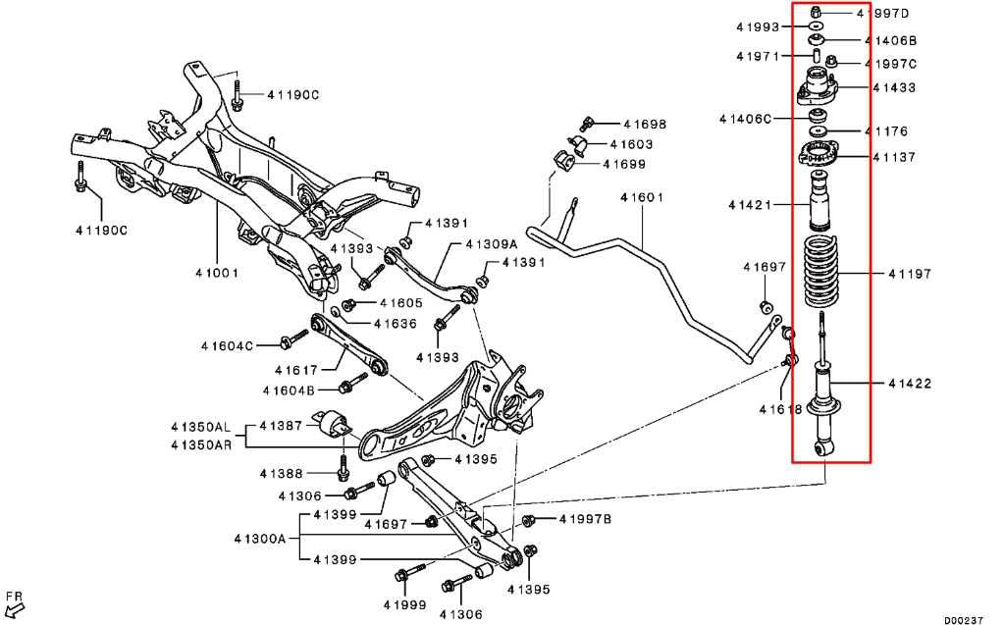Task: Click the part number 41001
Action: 217,273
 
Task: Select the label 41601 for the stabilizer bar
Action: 642,197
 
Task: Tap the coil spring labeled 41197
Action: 821,273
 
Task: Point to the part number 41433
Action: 894,87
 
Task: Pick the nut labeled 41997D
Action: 816,12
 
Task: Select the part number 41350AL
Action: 201,426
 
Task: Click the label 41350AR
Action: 201,443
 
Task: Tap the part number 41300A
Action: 260,539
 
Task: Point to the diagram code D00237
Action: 965,619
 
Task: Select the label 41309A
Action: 491,244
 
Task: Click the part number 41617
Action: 296,370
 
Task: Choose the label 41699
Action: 624,164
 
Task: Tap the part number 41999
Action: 405,604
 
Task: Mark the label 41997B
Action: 585,519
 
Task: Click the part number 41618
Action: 780,409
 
